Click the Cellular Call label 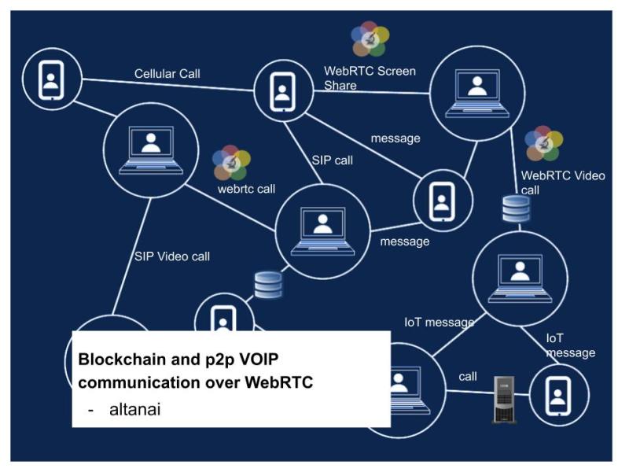point(167,74)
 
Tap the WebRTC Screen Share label point(370,78)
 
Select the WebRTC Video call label point(562,183)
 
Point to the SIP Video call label point(171,256)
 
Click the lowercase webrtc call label point(246,189)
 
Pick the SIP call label point(332,160)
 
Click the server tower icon point(504,399)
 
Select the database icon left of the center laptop point(268,285)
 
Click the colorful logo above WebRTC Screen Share point(370,39)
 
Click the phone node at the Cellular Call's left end point(50,78)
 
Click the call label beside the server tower point(467,376)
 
